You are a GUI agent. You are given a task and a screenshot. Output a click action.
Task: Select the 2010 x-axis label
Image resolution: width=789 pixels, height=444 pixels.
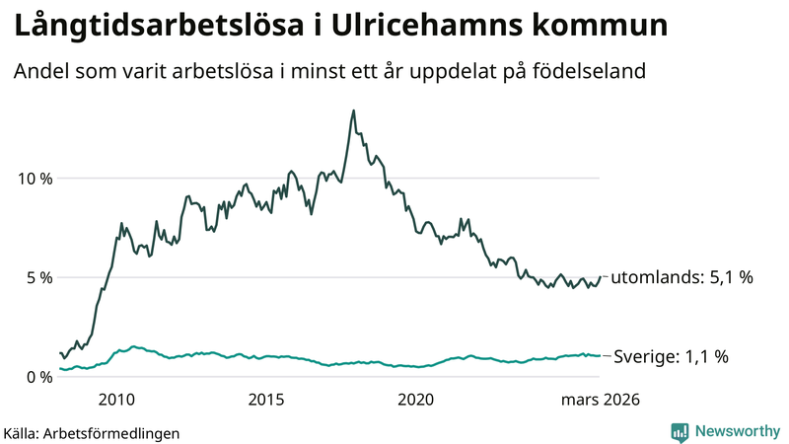[x=116, y=400]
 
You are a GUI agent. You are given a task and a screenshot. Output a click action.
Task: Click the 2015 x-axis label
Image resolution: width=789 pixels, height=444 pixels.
[x=266, y=400]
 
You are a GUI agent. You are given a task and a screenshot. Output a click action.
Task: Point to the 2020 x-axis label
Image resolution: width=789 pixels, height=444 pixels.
[x=415, y=400]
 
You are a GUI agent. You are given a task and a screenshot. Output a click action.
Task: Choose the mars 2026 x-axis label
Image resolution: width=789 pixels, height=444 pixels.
[x=601, y=400]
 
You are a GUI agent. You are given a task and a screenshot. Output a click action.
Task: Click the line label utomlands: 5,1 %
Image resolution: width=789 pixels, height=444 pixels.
[x=681, y=278]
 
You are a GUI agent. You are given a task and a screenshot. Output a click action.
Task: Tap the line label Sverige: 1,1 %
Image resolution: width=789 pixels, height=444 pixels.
[x=671, y=356]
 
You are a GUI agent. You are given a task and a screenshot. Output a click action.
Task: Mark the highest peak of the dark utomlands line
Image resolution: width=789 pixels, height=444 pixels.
[x=353, y=111]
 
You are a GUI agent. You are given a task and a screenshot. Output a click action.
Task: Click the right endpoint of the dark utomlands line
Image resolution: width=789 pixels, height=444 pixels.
[x=600, y=277]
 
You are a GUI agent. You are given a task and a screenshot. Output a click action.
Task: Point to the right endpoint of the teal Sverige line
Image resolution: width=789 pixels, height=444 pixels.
[x=600, y=355]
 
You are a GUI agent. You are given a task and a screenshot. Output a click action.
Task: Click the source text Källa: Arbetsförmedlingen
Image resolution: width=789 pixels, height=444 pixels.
[x=92, y=432]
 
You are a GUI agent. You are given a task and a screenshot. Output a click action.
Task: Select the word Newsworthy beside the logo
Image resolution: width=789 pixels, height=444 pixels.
[x=737, y=431]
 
